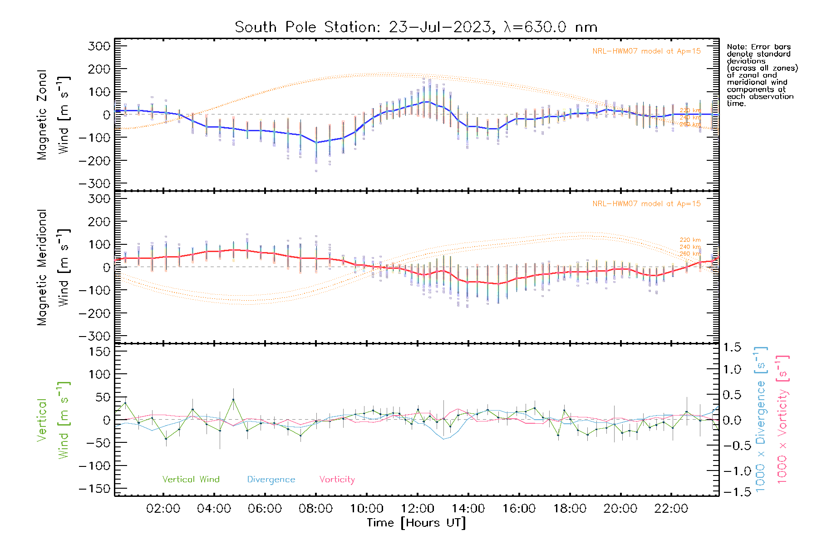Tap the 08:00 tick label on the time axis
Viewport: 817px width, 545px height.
pyautogui.click(x=315, y=509)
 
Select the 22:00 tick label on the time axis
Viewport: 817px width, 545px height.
pyautogui.click(x=671, y=509)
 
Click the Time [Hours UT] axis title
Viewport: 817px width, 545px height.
pyautogui.click(x=416, y=523)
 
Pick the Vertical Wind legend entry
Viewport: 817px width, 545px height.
pyautogui.click(x=191, y=480)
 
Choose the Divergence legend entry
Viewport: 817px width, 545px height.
pyautogui.click(x=271, y=480)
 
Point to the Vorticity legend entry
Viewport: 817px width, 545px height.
pyautogui.click(x=337, y=480)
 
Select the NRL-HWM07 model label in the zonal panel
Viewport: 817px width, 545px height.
pyautogui.click(x=646, y=51)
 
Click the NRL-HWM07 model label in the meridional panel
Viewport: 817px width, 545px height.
pyautogui.click(x=646, y=204)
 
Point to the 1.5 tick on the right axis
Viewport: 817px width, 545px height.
pyautogui.click(x=732, y=347)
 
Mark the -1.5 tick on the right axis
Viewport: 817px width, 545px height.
pyautogui.click(x=732, y=491)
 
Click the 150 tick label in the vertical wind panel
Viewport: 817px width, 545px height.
pyautogui.click(x=100, y=352)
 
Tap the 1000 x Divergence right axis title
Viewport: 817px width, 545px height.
pyautogui.click(x=761, y=420)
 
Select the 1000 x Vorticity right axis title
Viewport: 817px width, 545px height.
pyautogui.click(x=783, y=420)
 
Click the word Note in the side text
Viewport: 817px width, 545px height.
pyautogui.click(x=736, y=47)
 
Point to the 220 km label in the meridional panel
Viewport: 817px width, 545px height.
pyautogui.click(x=690, y=240)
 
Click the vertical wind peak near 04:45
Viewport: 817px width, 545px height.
pyautogui.click(x=233, y=400)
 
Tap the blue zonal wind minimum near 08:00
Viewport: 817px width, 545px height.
pyautogui.click(x=316, y=143)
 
